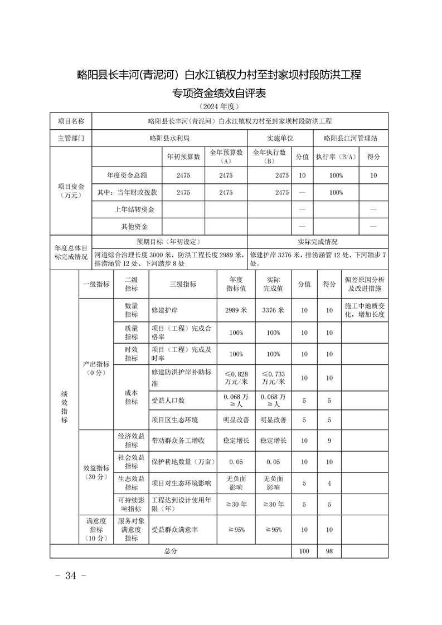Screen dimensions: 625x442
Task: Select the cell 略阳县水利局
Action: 170,138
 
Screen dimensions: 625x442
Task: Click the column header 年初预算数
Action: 183,157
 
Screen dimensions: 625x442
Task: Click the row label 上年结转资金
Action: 134,209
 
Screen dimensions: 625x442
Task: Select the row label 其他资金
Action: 134,226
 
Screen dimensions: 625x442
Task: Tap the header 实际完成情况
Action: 317,242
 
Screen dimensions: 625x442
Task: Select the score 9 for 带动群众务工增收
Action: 329,441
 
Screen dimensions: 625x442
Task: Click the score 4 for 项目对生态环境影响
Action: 329,483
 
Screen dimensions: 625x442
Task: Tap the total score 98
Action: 329,551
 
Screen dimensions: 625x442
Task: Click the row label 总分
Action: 170,551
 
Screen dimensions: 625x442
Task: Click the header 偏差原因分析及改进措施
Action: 365,284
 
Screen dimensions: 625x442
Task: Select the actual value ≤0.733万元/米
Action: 273,378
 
